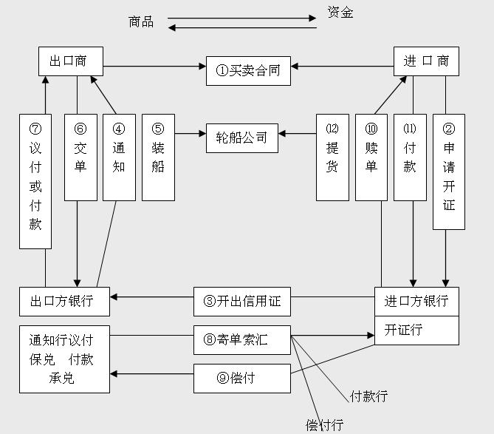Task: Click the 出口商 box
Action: coord(70,61)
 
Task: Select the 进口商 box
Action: coord(426,61)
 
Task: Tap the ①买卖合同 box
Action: coord(248,71)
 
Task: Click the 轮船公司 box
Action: coord(241,138)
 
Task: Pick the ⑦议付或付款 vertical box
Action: coord(35,181)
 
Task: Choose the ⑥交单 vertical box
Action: coord(80,157)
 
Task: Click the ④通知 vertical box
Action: coord(119,157)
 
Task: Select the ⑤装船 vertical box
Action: coord(158,157)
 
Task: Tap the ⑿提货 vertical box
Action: coord(332,157)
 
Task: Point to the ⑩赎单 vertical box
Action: coord(371,157)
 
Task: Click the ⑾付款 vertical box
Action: coord(410,157)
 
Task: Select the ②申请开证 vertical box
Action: coord(448,172)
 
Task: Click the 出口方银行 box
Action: coord(65,302)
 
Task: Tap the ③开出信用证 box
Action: coord(242,302)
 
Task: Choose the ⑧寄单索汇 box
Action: coord(242,340)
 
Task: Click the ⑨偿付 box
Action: coord(242,379)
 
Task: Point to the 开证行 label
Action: coord(404,330)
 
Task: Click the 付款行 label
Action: coord(369,396)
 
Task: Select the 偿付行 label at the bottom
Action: coord(325,424)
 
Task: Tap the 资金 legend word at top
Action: coord(340,13)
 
